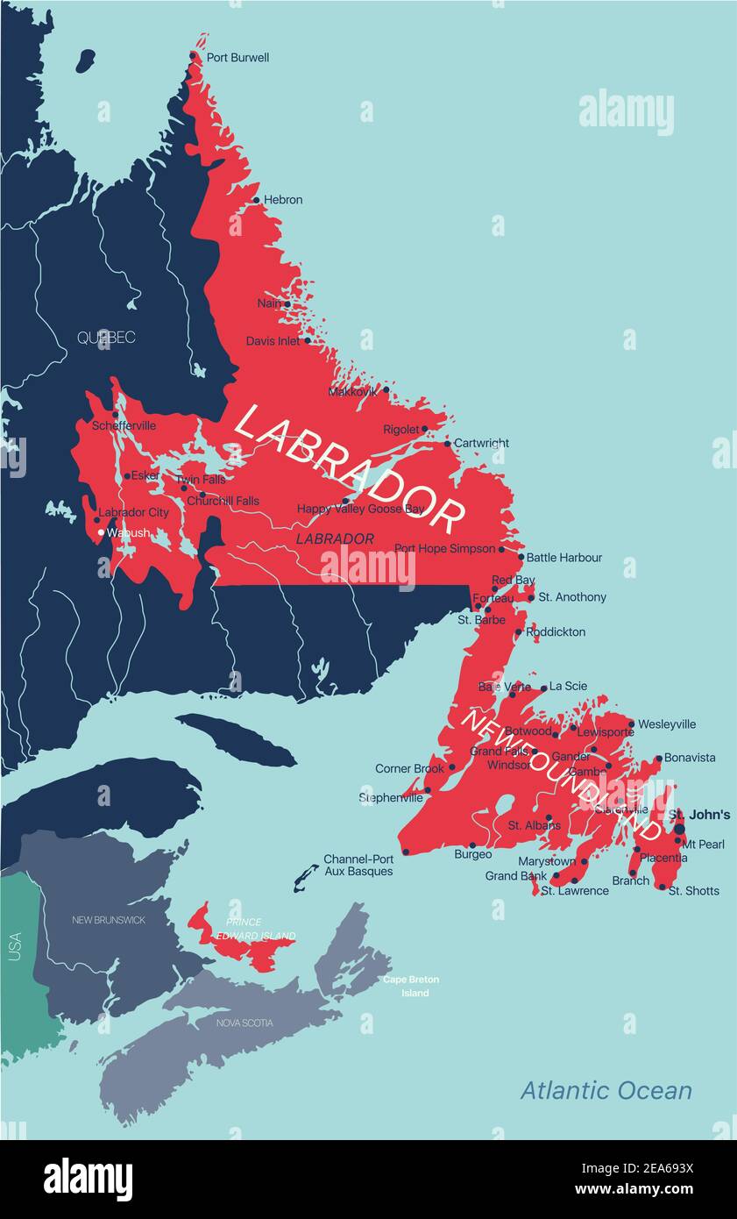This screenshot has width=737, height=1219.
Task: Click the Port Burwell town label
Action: (x=237, y=58)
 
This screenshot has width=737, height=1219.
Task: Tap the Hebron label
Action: (x=283, y=200)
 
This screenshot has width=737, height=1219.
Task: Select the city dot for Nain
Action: (x=287, y=304)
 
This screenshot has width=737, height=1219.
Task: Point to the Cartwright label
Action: (x=481, y=444)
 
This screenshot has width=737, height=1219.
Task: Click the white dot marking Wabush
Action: (x=101, y=532)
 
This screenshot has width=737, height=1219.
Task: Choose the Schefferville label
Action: (x=124, y=426)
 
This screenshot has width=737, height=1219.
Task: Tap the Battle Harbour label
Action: (x=563, y=558)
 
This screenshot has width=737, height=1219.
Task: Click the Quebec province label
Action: (x=106, y=338)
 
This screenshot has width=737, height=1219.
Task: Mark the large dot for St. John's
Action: (x=679, y=828)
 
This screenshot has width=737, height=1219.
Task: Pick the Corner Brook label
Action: (x=409, y=769)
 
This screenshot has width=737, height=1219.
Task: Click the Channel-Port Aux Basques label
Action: (x=358, y=866)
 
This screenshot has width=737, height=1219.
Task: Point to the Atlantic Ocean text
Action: (x=606, y=1091)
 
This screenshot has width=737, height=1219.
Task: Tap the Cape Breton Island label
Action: (x=411, y=987)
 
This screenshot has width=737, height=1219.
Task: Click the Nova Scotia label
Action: (x=244, y=1023)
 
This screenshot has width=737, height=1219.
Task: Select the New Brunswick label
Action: (x=109, y=921)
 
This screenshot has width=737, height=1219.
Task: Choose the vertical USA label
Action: (x=15, y=946)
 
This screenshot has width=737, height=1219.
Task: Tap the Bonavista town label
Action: (x=690, y=758)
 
